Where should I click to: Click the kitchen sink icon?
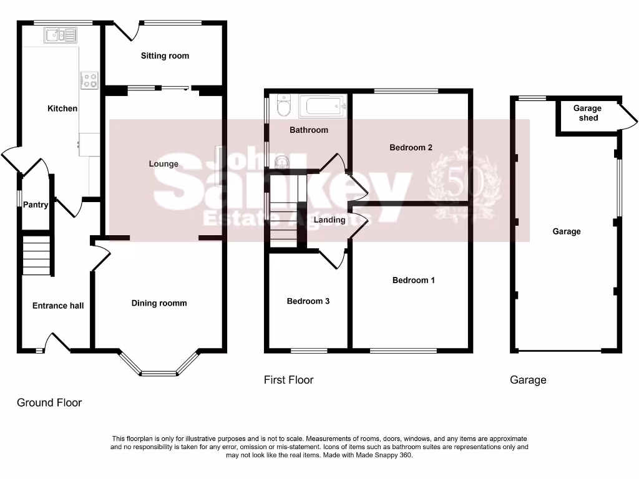[60, 36]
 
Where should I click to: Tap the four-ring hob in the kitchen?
[89, 79]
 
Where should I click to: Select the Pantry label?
[36, 205]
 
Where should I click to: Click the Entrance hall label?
[58, 306]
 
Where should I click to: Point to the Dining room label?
[159, 303]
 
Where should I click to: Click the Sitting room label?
[165, 56]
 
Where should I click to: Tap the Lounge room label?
[163, 164]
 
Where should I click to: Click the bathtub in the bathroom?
[322, 107]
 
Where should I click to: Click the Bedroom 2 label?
[411, 148]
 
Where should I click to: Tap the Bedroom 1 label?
[414, 280]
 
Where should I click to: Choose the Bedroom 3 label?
[308, 301]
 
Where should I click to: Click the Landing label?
[329, 220]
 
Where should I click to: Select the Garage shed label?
[588, 113]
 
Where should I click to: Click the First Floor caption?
[288, 380]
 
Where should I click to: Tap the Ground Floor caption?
[49, 402]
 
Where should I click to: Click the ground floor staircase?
[36, 254]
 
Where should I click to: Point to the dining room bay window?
[159, 368]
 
